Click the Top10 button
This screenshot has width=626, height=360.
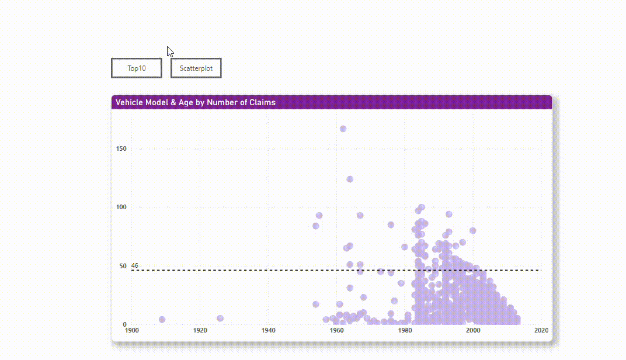[137, 68]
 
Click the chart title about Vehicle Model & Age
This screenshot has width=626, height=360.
[196, 102]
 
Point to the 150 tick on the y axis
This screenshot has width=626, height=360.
[121, 149]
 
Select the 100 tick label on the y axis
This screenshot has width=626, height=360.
[121, 207]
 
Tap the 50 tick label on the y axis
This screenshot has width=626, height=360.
[123, 266]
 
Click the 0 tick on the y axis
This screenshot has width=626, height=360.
[124, 325]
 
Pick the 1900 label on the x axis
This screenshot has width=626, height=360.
[132, 331]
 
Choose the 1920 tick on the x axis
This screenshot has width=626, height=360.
[200, 331]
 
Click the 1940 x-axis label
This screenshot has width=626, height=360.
[269, 331]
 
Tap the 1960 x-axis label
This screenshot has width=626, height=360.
[337, 331]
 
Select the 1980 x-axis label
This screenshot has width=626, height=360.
[405, 331]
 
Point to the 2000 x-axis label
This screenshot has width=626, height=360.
[473, 331]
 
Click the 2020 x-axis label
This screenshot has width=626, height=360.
[541, 331]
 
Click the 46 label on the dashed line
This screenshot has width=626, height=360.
[135, 266]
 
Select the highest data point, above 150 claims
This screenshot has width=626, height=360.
[343, 129]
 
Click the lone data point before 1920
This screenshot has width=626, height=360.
[162, 320]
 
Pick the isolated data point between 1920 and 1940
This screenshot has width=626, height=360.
[220, 319]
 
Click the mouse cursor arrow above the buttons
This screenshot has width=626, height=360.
[170, 51]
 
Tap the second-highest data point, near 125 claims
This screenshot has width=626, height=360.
[350, 179]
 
